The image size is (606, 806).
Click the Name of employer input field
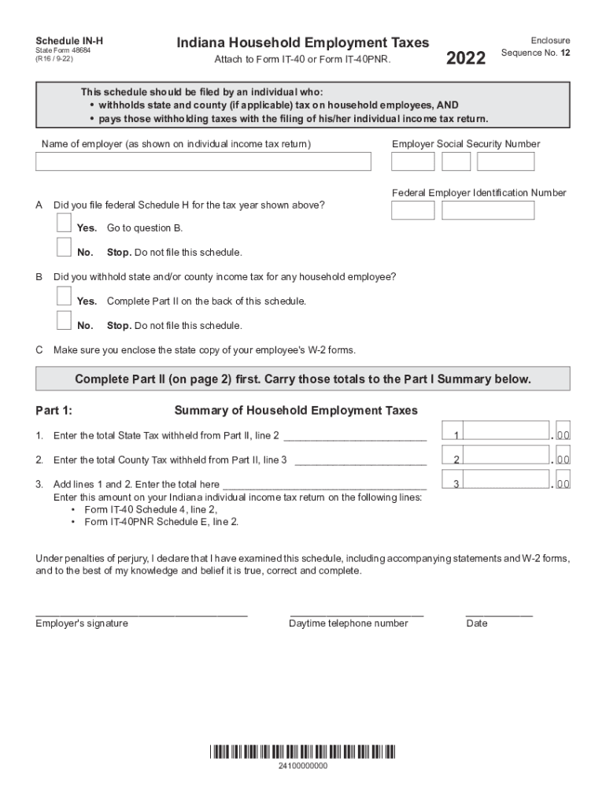pyautogui.click(x=203, y=161)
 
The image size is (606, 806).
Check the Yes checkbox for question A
pyautogui.click(x=64, y=224)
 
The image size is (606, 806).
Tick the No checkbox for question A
pyautogui.click(x=64, y=248)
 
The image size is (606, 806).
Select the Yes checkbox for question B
pyautogui.click(x=64, y=296)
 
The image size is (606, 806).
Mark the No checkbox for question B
pyautogui.click(x=64, y=321)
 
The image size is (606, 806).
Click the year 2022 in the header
pyautogui.click(x=466, y=58)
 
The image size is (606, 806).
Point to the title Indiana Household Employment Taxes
pyautogui.click(x=303, y=43)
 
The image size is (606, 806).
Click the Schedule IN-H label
pyautogui.click(x=69, y=40)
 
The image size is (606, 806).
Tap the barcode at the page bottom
pyautogui.click(x=303, y=752)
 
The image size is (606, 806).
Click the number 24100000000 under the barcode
pyautogui.click(x=303, y=766)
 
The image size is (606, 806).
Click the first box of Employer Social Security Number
pyautogui.click(x=413, y=161)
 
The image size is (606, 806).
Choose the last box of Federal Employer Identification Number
pyautogui.click(x=488, y=210)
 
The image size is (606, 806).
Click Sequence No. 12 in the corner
pyautogui.click(x=535, y=54)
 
